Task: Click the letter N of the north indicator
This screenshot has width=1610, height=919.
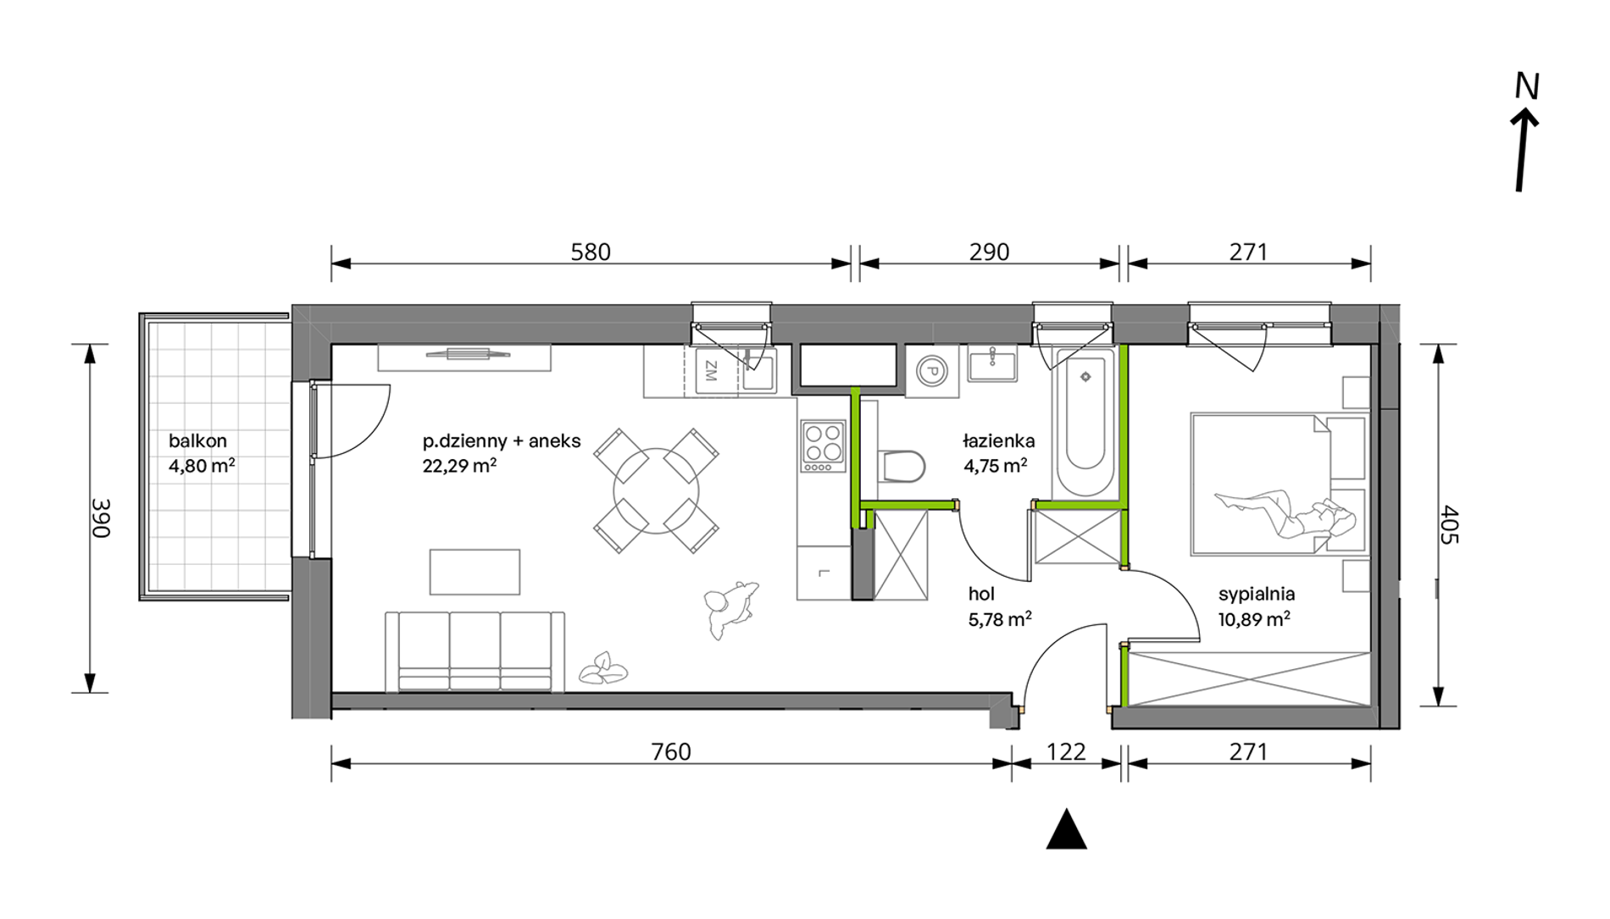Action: click(1527, 86)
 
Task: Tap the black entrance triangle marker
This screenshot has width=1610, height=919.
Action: click(1066, 828)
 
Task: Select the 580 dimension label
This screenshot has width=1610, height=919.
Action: click(591, 252)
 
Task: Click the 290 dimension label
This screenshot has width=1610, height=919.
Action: click(990, 252)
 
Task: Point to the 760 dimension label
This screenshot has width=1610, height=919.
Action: click(671, 751)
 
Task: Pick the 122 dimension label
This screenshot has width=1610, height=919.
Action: click(1066, 751)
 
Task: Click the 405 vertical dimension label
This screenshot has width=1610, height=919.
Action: click(1449, 524)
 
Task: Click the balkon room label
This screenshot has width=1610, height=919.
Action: click(197, 441)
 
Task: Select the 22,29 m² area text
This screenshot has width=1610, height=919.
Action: click(459, 465)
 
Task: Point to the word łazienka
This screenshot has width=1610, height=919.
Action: click(999, 441)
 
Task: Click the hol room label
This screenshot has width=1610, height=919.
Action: click(981, 595)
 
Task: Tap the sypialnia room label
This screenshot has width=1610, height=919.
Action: click(1257, 594)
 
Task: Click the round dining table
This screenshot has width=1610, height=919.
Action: click(657, 490)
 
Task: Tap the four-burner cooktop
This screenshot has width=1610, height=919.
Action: click(824, 446)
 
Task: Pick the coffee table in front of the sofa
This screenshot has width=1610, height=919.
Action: click(475, 572)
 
